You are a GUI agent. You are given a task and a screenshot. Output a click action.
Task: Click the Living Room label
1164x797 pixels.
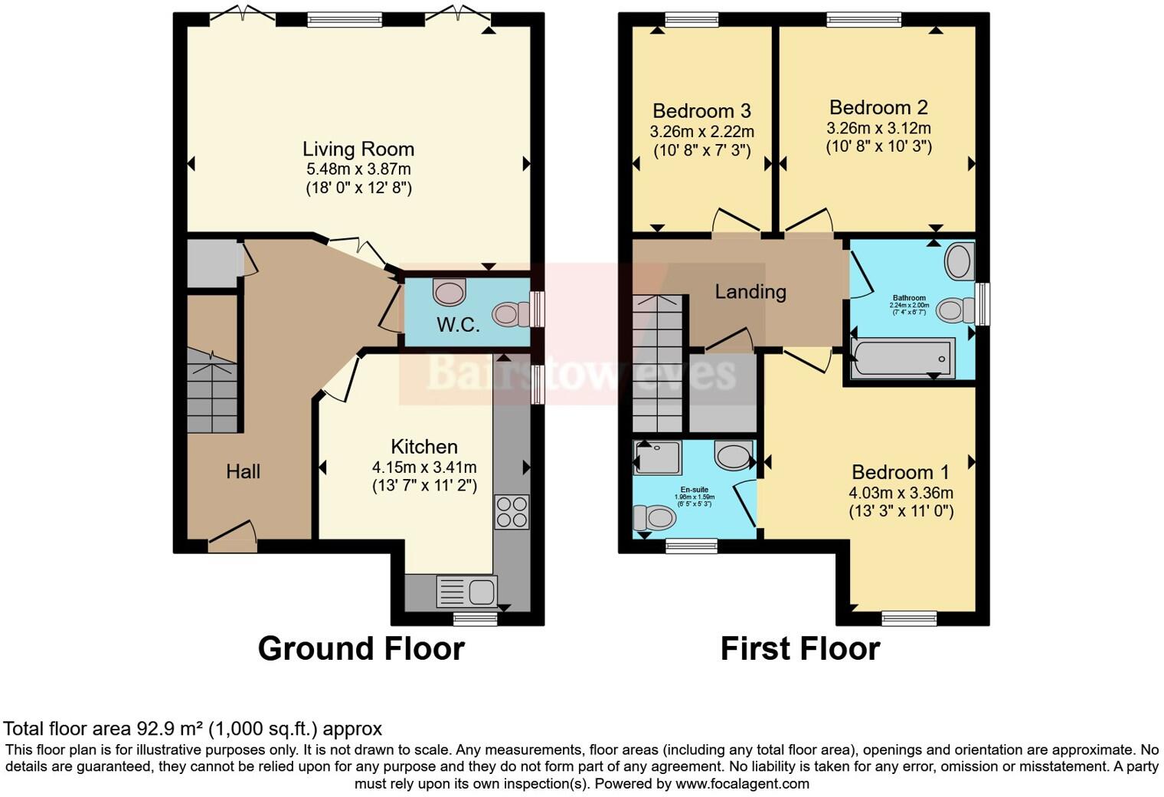[x=358, y=149]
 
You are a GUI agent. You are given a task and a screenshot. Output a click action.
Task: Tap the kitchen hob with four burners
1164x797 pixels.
[x=512, y=512]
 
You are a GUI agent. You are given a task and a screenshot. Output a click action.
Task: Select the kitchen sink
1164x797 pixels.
[x=466, y=592]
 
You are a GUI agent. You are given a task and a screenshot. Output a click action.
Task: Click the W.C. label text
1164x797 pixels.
[x=458, y=325]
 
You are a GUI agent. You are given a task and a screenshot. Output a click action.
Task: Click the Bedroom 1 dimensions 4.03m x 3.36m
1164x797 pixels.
[x=901, y=493]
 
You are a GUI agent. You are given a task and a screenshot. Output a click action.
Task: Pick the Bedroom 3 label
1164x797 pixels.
[x=701, y=111]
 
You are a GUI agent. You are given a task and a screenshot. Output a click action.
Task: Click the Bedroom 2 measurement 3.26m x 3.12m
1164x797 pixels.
[x=878, y=128]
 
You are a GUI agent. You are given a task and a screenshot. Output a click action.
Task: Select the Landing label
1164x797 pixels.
[x=750, y=291]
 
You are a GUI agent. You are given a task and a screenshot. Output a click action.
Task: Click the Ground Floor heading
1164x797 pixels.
[x=361, y=648]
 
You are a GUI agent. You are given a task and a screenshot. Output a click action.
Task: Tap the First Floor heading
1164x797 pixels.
[x=799, y=648]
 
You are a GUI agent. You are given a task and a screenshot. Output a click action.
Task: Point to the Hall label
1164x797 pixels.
[x=243, y=471]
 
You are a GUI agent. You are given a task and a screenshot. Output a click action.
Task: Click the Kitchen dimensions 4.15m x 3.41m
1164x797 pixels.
[x=424, y=467]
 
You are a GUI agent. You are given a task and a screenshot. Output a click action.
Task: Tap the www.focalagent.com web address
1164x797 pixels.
[x=742, y=783]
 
